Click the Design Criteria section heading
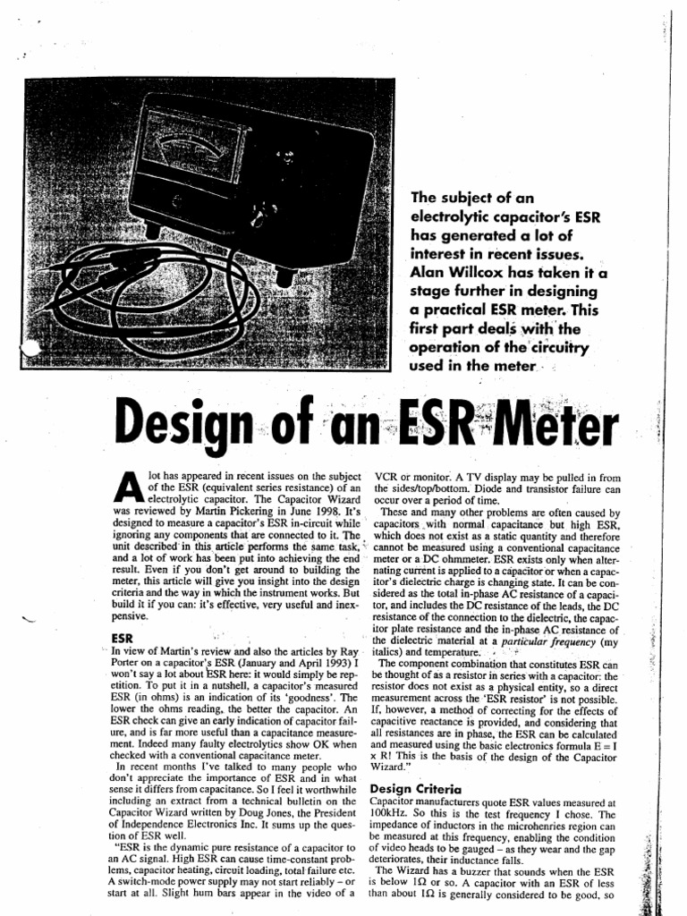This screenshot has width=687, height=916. [x=415, y=789]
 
